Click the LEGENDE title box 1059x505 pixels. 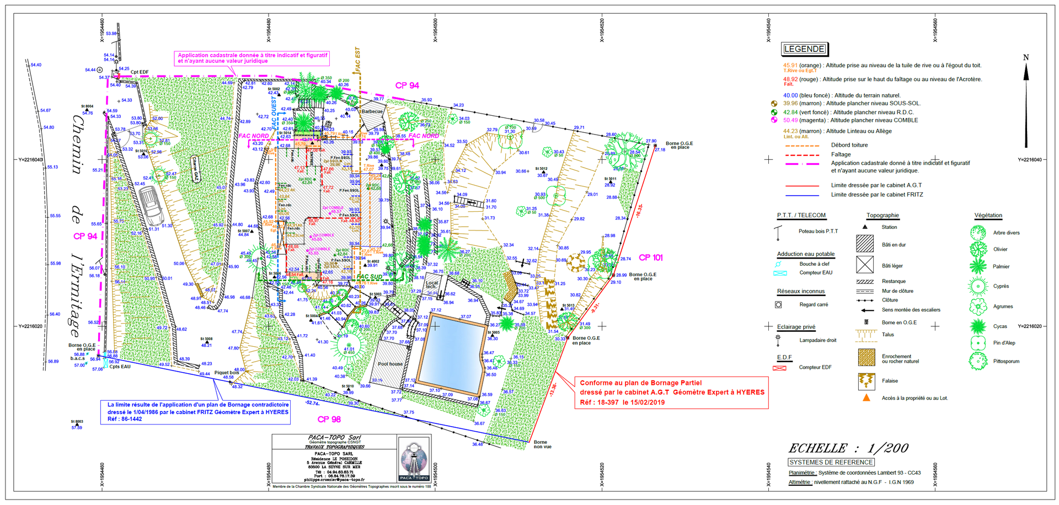804,49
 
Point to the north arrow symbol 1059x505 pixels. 1026,102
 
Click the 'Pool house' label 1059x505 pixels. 390,364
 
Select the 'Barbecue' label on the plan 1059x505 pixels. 372,111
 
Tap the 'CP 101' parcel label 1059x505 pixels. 651,257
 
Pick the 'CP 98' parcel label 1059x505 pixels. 329,419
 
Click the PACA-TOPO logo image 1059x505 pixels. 414,459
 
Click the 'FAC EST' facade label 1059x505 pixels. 357,59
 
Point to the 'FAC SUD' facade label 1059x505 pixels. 370,277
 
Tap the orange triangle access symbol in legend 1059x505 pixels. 867,397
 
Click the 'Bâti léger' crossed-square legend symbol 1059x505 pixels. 865,265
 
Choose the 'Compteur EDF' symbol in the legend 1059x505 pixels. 779,367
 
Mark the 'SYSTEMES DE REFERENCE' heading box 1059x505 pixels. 831,463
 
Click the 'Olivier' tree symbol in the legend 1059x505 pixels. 978,249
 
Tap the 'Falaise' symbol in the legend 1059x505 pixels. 867,381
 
